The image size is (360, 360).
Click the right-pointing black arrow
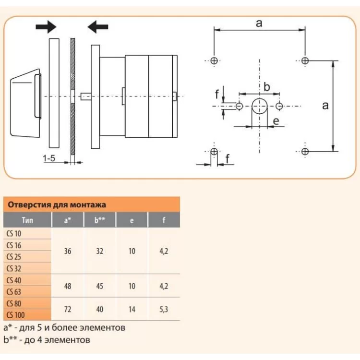(46, 27)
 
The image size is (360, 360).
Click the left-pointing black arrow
(98, 27)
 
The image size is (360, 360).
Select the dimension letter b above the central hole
(267, 87)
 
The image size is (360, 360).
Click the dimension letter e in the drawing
(276, 121)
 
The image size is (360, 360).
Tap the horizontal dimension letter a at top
(259, 23)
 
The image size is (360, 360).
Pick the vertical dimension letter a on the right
(325, 106)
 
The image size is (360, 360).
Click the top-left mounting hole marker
(214, 60)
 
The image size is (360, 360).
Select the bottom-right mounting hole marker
(305, 152)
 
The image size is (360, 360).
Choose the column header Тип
(27, 221)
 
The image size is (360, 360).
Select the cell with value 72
(68, 309)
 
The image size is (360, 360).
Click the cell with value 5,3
(164, 309)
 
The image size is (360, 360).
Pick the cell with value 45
(100, 286)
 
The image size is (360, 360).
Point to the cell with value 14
(132, 309)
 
